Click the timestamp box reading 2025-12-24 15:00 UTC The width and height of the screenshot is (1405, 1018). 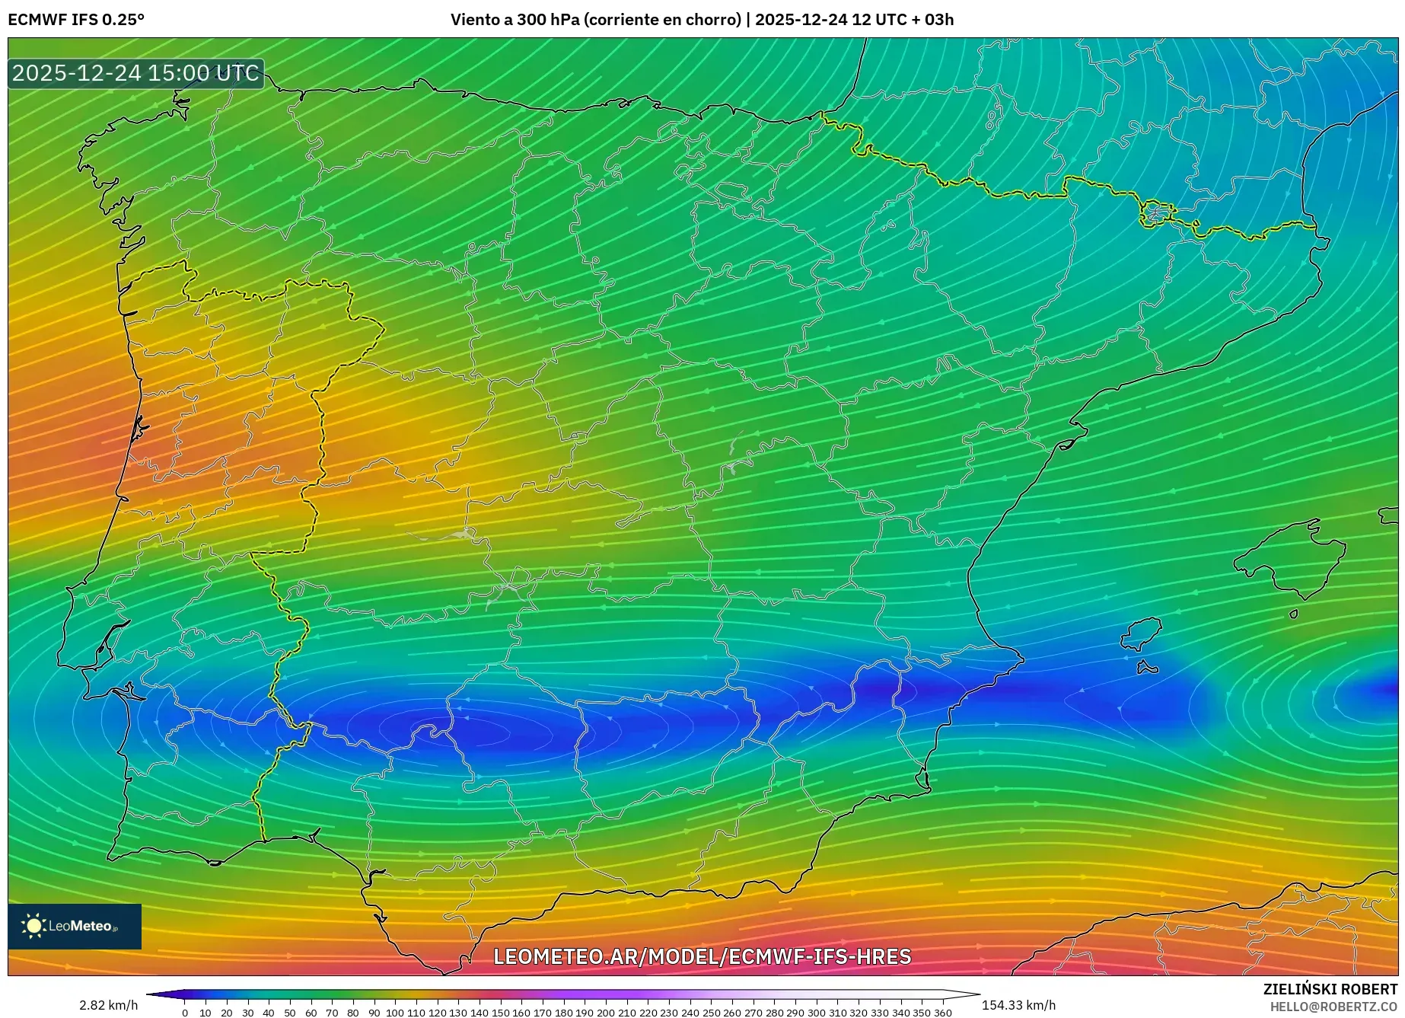click(x=135, y=73)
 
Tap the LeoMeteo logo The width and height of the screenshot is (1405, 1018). click(x=74, y=926)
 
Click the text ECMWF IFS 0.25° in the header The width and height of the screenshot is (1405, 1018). click(x=76, y=20)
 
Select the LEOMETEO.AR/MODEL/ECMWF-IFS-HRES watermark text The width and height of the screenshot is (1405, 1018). click(x=702, y=956)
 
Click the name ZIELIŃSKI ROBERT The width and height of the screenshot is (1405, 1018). click(x=1330, y=989)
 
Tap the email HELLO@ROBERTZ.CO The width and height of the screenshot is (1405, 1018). click(x=1333, y=1007)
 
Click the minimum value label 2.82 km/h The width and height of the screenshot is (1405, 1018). click(x=109, y=1005)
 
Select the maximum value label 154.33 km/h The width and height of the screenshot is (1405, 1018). click(x=1018, y=1005)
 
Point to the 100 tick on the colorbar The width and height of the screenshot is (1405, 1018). click(x=395, y=1013)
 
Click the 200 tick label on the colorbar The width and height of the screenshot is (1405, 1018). click(x=606, y=1013)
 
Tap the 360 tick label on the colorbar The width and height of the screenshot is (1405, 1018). click(x=943, y=1013)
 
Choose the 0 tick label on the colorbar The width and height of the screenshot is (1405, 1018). click(x=185, y=1013)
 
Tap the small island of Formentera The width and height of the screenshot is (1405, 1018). click(x=1147, y=669)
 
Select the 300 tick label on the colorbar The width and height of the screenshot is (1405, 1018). click(x=817, y=1013)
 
